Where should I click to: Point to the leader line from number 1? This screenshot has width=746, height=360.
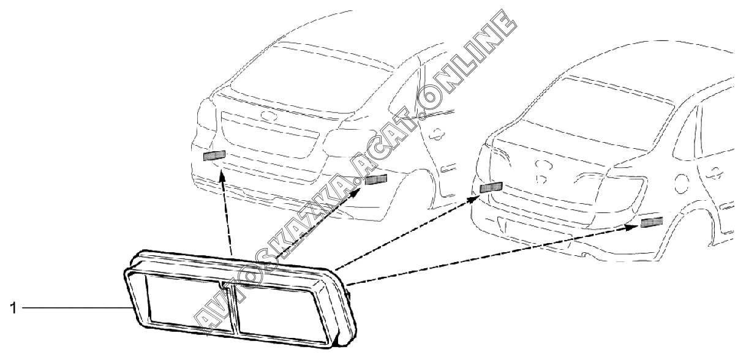click(x=73, y=308)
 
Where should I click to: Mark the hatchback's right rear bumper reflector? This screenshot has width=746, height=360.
click(x=375, y=179)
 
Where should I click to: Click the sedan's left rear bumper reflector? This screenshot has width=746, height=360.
click(x=491, y=187)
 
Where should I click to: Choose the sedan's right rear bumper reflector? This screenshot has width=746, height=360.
click(x=652, y=222)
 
